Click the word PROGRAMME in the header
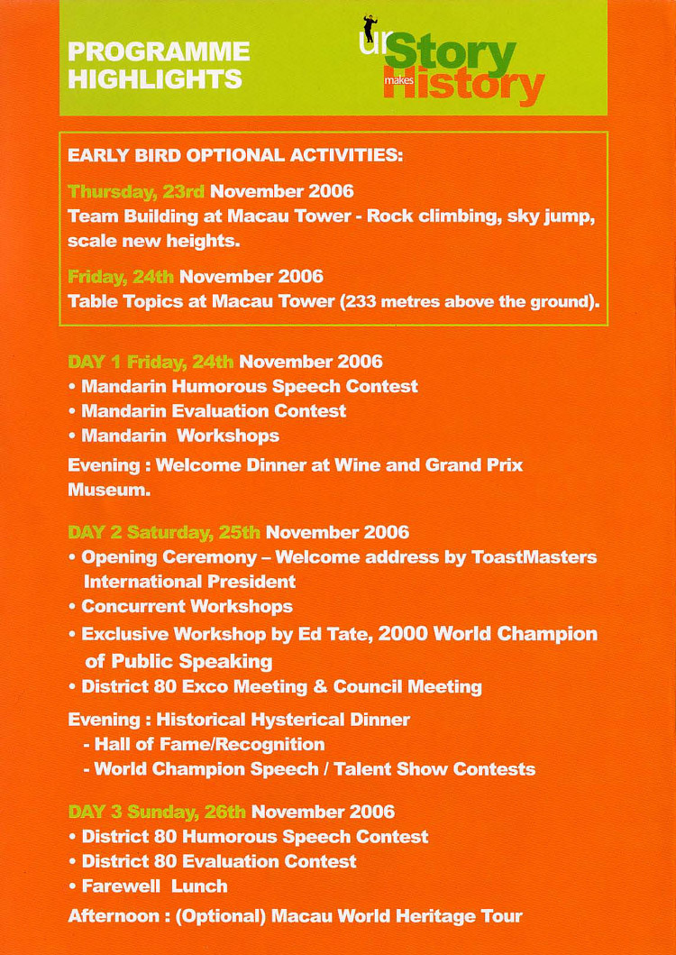[x=159, y=51]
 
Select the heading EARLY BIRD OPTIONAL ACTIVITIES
[x=234, y=155]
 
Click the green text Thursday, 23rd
[x=137, y=192]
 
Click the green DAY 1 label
[x=96, y=363]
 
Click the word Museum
[x=106, y=491]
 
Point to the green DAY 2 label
[x=96, y=532]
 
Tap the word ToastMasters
[x=534, y=556]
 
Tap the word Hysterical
[x=294, y=720]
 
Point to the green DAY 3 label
[x=96, y=812]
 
